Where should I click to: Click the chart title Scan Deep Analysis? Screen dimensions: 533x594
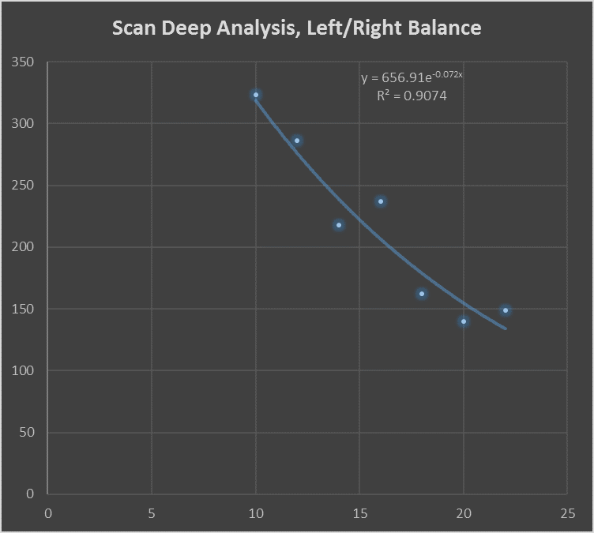tap(296, 28)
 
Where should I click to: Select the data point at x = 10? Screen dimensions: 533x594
tap(256, 95)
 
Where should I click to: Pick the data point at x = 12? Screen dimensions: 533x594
tap(297, 141)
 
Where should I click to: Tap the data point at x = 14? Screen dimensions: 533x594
tap(339, 225)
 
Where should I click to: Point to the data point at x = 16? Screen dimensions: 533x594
tap(381, 201)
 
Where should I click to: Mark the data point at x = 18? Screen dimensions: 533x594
tap(422, 294)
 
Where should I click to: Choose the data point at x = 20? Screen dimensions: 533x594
tap(464, 321)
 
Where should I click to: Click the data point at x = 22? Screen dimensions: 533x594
tap(506, 310)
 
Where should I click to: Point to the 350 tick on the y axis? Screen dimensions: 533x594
tap(24, 62)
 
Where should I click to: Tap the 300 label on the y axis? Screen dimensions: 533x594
tap(24, 124)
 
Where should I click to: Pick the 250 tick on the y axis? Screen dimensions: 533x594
tap(24, 186)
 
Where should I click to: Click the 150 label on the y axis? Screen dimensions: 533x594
tap(24, 309)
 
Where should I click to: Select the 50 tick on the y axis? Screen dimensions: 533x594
tap(27, 433)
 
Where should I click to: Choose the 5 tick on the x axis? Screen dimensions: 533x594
tap(152, 513)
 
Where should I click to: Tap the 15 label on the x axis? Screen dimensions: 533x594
tap(359, 513)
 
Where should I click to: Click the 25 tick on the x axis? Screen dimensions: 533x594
tap(567, 513)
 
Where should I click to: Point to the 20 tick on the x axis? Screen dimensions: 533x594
tap(464, 513)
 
